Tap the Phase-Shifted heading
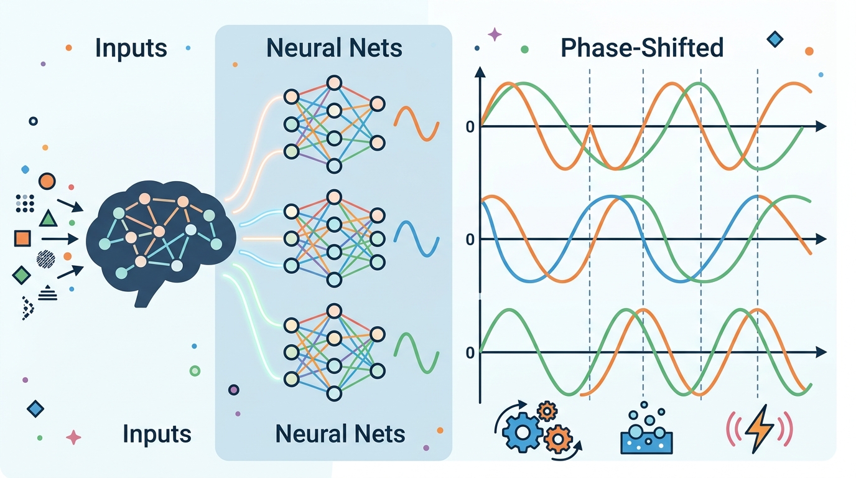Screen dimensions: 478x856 (642, 48)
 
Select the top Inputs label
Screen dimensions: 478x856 (131, 48)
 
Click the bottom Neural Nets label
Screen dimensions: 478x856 (340, 433)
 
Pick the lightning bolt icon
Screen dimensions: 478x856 (760, 428)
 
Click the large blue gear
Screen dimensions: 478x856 (521, 429)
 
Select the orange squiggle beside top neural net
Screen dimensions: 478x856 (417, 123)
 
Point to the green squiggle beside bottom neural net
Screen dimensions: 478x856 (417, 352)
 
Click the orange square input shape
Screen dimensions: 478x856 (22, 238)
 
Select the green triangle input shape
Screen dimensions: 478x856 (48, 218)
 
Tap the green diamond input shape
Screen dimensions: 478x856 (21, 274)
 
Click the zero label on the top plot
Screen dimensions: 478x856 (470, 128)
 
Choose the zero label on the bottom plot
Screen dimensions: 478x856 (470, 353)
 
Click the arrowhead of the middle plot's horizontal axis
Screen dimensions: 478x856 (821, 240)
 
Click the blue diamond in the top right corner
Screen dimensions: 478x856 (775, 40)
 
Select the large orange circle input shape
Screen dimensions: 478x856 (47, 182)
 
